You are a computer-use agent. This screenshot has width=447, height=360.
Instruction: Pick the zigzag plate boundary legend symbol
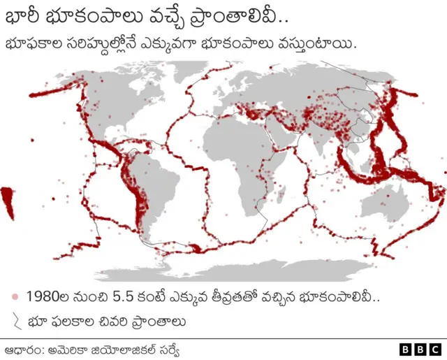[15, 322]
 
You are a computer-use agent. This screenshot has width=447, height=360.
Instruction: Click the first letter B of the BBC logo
[406, 348]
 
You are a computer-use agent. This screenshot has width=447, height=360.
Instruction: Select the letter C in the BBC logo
[435, 348]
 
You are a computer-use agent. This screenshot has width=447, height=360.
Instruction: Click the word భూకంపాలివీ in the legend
[342, 296]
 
